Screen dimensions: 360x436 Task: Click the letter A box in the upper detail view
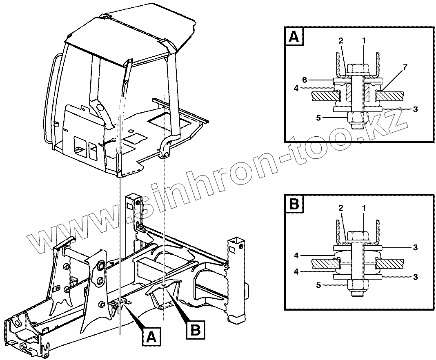[x=294, y=37]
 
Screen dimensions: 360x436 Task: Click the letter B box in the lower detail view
[x=294, y=204]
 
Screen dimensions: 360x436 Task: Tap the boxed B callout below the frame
[x=195, y=330]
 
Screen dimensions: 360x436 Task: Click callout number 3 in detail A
[x=415, y=109]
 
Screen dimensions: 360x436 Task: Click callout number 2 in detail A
[x=340, y=41]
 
